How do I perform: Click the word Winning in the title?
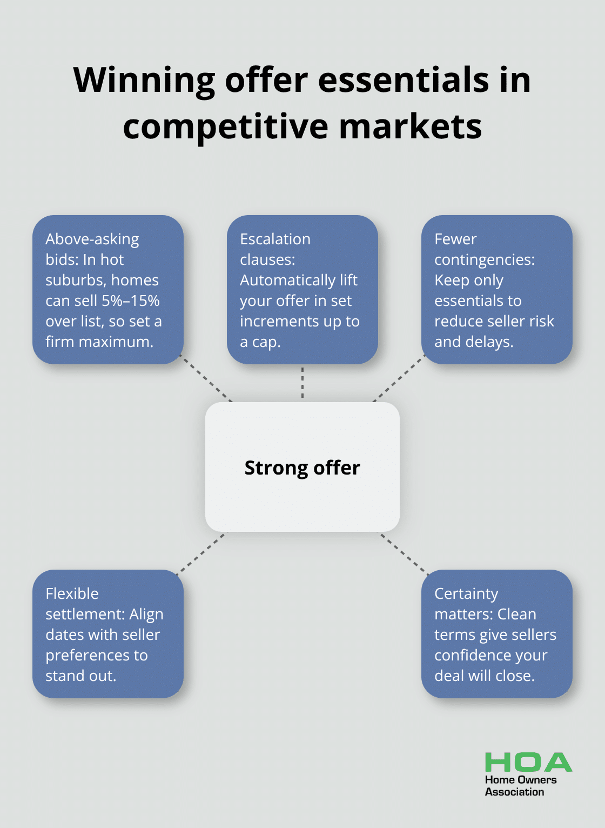[144, 80]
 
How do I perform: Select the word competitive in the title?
[225, 127]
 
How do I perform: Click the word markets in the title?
[410, 127]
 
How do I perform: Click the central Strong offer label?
[302, 468]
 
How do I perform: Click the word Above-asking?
[92, 239]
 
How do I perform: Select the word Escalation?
[275, 239]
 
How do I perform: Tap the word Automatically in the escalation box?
[280, 280]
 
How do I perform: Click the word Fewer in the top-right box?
[455, 239]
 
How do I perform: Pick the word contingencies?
[484, 259]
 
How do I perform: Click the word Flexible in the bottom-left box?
[72, 593]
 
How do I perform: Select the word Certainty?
[466, 593]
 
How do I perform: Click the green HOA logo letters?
[528, 763]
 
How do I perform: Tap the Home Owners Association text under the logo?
[520, 786]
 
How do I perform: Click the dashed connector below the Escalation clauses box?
[302, 383]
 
